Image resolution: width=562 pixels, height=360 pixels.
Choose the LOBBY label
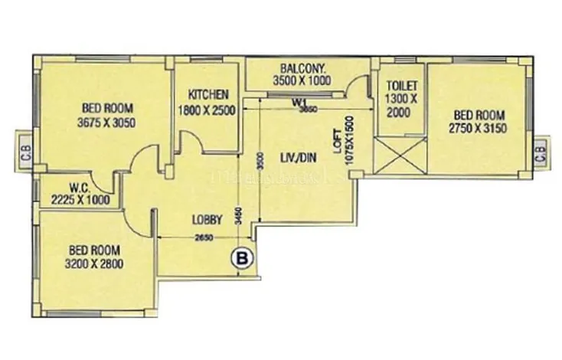click(x=207, y=220)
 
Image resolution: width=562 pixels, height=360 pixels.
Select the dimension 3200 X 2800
click(x=96, y=264)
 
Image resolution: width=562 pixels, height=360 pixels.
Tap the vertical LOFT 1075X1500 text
click(x=342, y=137)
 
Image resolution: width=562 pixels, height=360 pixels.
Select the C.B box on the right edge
click(x=541, y=152)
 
